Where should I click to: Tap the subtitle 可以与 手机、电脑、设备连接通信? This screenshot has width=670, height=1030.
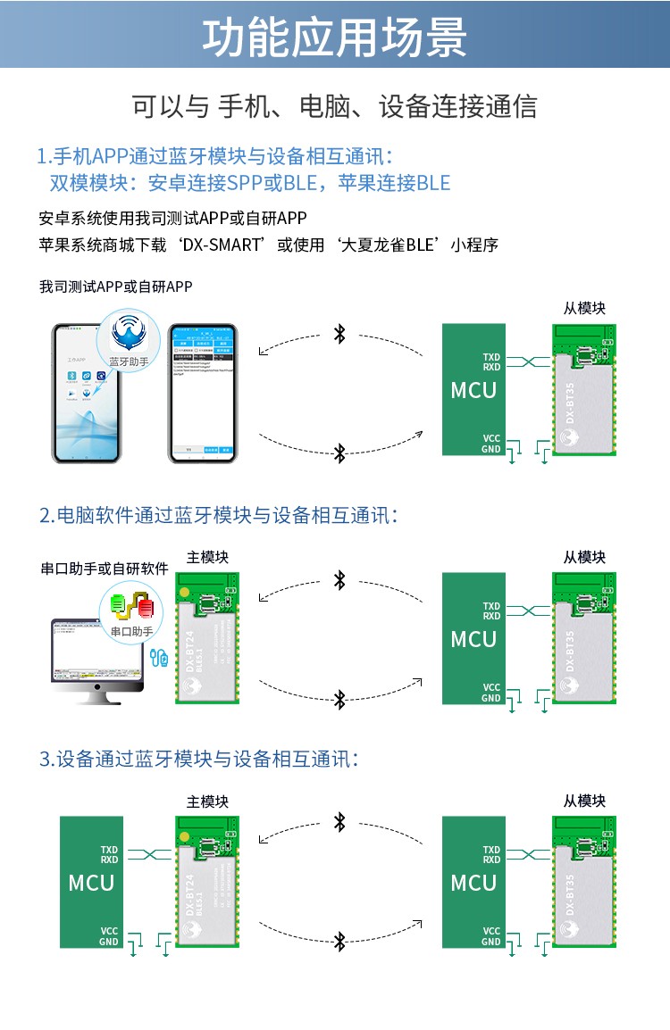pos(335,106)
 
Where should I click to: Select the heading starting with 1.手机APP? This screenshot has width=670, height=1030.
pos(214,155)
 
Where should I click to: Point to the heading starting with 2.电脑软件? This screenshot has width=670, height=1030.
pos(218,515)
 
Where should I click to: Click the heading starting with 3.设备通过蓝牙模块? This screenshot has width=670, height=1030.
pos(198,759)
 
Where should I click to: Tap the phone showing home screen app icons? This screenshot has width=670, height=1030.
pos(87,393)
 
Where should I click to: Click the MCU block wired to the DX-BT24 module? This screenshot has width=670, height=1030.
pos(92,882)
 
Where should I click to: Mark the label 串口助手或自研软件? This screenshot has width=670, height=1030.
pos(105,569)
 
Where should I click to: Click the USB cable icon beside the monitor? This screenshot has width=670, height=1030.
pos(160,659)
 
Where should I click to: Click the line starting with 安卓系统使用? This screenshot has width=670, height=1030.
pos(173,218)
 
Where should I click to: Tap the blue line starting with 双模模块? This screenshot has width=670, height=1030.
pos(249,183)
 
